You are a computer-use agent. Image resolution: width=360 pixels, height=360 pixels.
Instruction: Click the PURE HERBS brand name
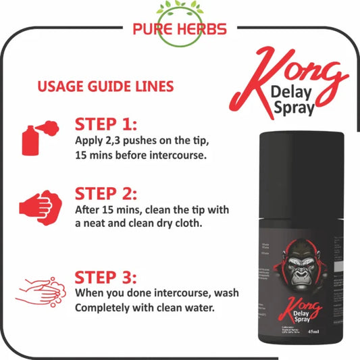[x=180, y=30]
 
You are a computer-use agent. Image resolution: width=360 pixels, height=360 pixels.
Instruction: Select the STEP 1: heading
[x=105, y=125]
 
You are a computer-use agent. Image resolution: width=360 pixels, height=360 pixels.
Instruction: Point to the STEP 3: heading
[x=105, y=277]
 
